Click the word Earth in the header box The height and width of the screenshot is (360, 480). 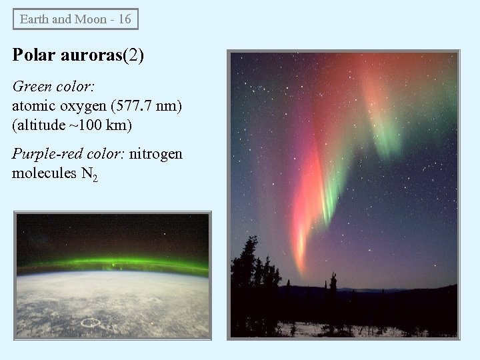34,19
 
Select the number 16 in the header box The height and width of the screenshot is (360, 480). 124,19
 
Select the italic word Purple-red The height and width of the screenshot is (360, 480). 47,155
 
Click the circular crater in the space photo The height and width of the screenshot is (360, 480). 89,323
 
